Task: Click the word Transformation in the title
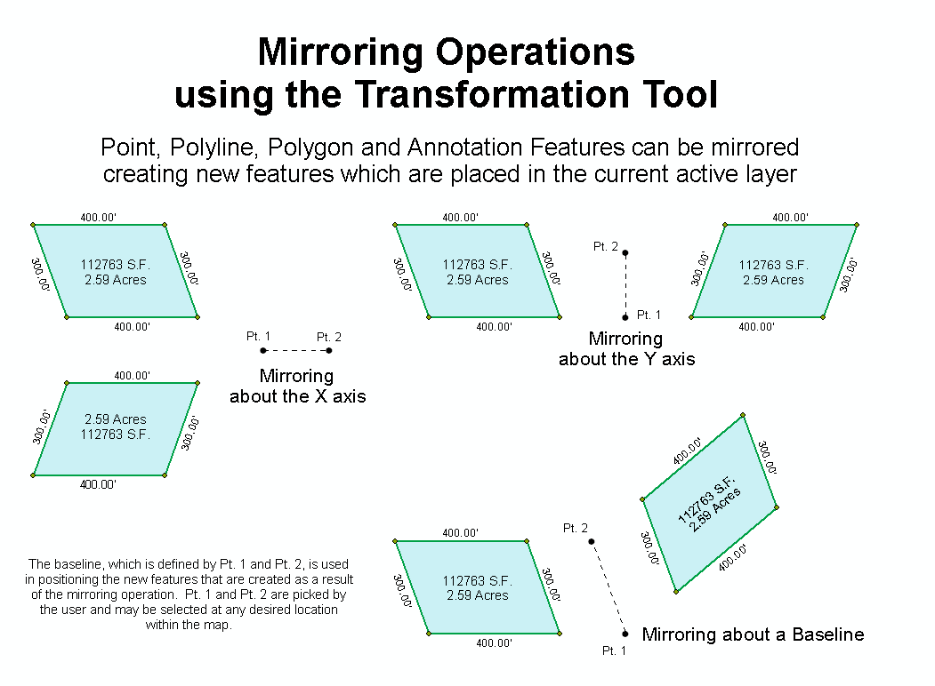(x=492, y=94)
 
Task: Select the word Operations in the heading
(x=535, y=52)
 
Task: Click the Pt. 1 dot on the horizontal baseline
(x=263, y=350)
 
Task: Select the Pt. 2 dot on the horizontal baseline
(x=329, y=350)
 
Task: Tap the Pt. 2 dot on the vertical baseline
(x=625, y=253)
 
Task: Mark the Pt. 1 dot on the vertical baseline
(x=625, y=317)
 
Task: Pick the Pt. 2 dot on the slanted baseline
(x=592, y=541)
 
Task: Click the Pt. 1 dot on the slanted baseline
(x=625, y=634)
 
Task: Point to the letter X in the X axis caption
(x=321, y=396)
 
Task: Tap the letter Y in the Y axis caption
(x=649, y=359)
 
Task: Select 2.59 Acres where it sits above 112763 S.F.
(x=115, y=419)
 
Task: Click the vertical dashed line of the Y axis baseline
(x=625, y=285)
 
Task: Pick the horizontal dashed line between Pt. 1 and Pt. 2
(x=296, y=350)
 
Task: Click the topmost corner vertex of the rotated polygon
(x=742, y=414)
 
